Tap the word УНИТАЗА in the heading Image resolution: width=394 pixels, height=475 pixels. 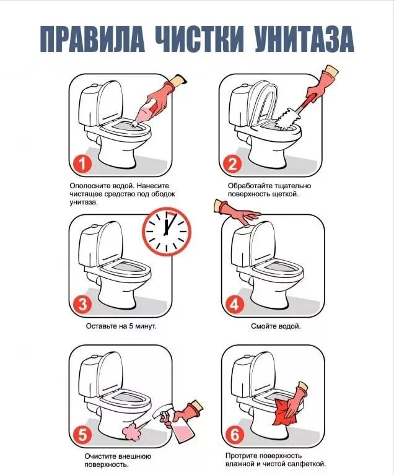point(304,39)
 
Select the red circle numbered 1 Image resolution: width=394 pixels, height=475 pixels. point(82,164)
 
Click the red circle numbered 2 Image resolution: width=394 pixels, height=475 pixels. point(232,164)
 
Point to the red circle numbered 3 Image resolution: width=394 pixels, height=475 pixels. point(82,304)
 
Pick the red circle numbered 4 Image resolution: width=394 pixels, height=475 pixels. point(234,305)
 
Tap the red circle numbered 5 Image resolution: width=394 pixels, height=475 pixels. point(82,435)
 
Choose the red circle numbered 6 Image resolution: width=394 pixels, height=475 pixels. point(234,435)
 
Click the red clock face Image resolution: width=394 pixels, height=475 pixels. point(167,231)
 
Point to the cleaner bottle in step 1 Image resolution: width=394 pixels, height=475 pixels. point(143,115)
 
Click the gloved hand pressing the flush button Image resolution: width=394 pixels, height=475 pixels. point(238,212)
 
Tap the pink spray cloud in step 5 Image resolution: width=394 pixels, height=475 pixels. point(132,431)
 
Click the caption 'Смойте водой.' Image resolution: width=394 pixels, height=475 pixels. point(276,326)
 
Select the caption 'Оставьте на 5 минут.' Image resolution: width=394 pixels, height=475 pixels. point(121,326)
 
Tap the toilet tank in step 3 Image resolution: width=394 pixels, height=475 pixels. point(90,246)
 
